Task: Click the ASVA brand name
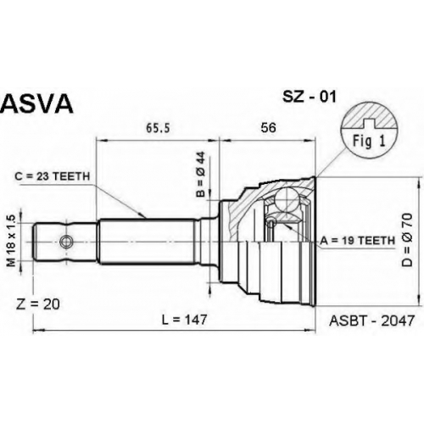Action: click(36, 103)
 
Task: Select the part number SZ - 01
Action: click(310, 97)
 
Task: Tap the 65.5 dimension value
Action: click(158, 128)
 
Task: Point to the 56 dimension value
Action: click(268, 128)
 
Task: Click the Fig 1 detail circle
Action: click(369, 132)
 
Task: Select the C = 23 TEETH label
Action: click(53, 176)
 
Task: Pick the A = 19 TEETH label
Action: click(357, 240)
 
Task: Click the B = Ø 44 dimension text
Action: click(201, 174)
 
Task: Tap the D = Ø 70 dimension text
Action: click(408, 240)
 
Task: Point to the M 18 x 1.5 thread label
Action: click(11, 241)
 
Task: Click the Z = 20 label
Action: click(38, 304)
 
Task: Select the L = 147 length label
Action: click(185, 320)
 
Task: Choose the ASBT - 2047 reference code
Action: click(371, 321)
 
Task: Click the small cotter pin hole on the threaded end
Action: click(66, 242)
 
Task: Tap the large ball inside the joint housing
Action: click(287, 199)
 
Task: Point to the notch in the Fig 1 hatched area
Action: click(369, 123)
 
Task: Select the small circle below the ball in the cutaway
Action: click(271, 223)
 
